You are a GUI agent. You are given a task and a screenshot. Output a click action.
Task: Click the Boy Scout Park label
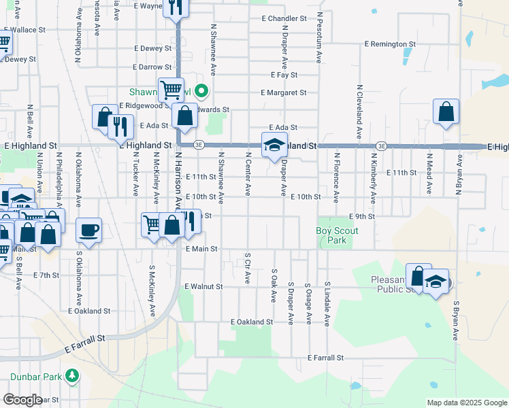coord(337,236)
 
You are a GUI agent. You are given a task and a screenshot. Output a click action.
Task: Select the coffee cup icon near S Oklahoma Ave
coord(88,231)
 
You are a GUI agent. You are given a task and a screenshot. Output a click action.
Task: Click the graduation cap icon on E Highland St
coord(274,145)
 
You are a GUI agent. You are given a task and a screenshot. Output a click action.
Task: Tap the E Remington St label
coord(390,44)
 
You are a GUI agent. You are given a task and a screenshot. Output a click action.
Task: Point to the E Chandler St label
coord(288,18)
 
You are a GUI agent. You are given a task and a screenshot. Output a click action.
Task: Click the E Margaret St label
coord(284,92)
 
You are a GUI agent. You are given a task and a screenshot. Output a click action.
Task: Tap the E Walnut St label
coord(203,287)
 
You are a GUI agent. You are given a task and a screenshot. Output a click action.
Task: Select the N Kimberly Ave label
coord(374,179)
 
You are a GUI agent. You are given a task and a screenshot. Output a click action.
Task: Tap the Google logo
coord(22,399)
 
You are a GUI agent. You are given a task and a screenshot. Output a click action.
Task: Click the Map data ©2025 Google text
coord(466,403)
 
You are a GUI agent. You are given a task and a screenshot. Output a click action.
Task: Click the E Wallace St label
coord(24,30)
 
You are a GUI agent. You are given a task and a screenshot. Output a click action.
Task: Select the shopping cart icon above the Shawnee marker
coord(171,89)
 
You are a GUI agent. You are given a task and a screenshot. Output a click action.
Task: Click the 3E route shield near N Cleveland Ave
coord(382,146)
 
